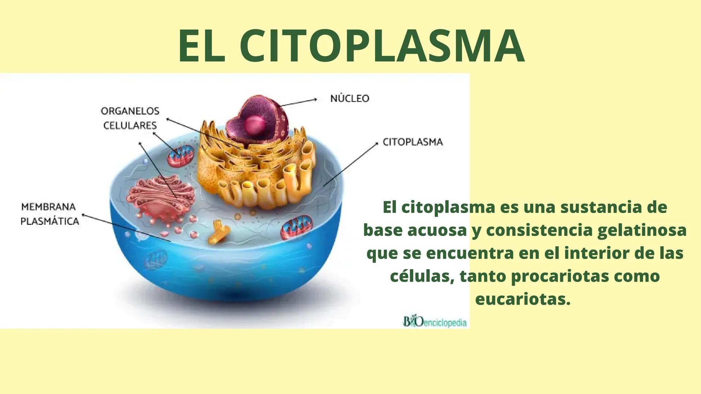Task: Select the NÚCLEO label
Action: pyautogui.click(x=350, y=98)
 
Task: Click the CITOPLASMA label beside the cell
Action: pyautogui.click(x=413, y=142)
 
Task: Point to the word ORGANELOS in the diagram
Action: pyautogui.click(x=130, y=111)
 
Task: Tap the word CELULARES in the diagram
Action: pyautogui.click(x=130, y=125)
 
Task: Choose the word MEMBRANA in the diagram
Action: pyautogui.click(x=49, y=207)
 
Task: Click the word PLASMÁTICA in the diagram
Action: pyautogui.click(x=50, y=221)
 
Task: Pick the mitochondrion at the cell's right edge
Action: pyautogui.click(x=296, y=227)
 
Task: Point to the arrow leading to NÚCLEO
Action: pyautogui.click(x=299, y=102)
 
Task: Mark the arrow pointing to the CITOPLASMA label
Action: pyautogui.click(x=351, y=165)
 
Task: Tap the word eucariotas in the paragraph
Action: pyautogui.click(x=523, y=299)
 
